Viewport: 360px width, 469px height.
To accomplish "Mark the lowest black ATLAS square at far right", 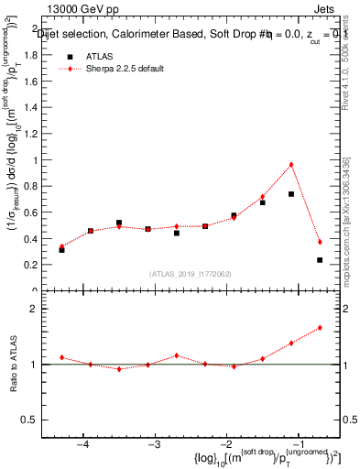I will pos(320,260).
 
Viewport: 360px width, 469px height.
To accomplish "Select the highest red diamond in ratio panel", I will pos(320,327).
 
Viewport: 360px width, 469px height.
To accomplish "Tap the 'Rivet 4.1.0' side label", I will pos(346,55).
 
